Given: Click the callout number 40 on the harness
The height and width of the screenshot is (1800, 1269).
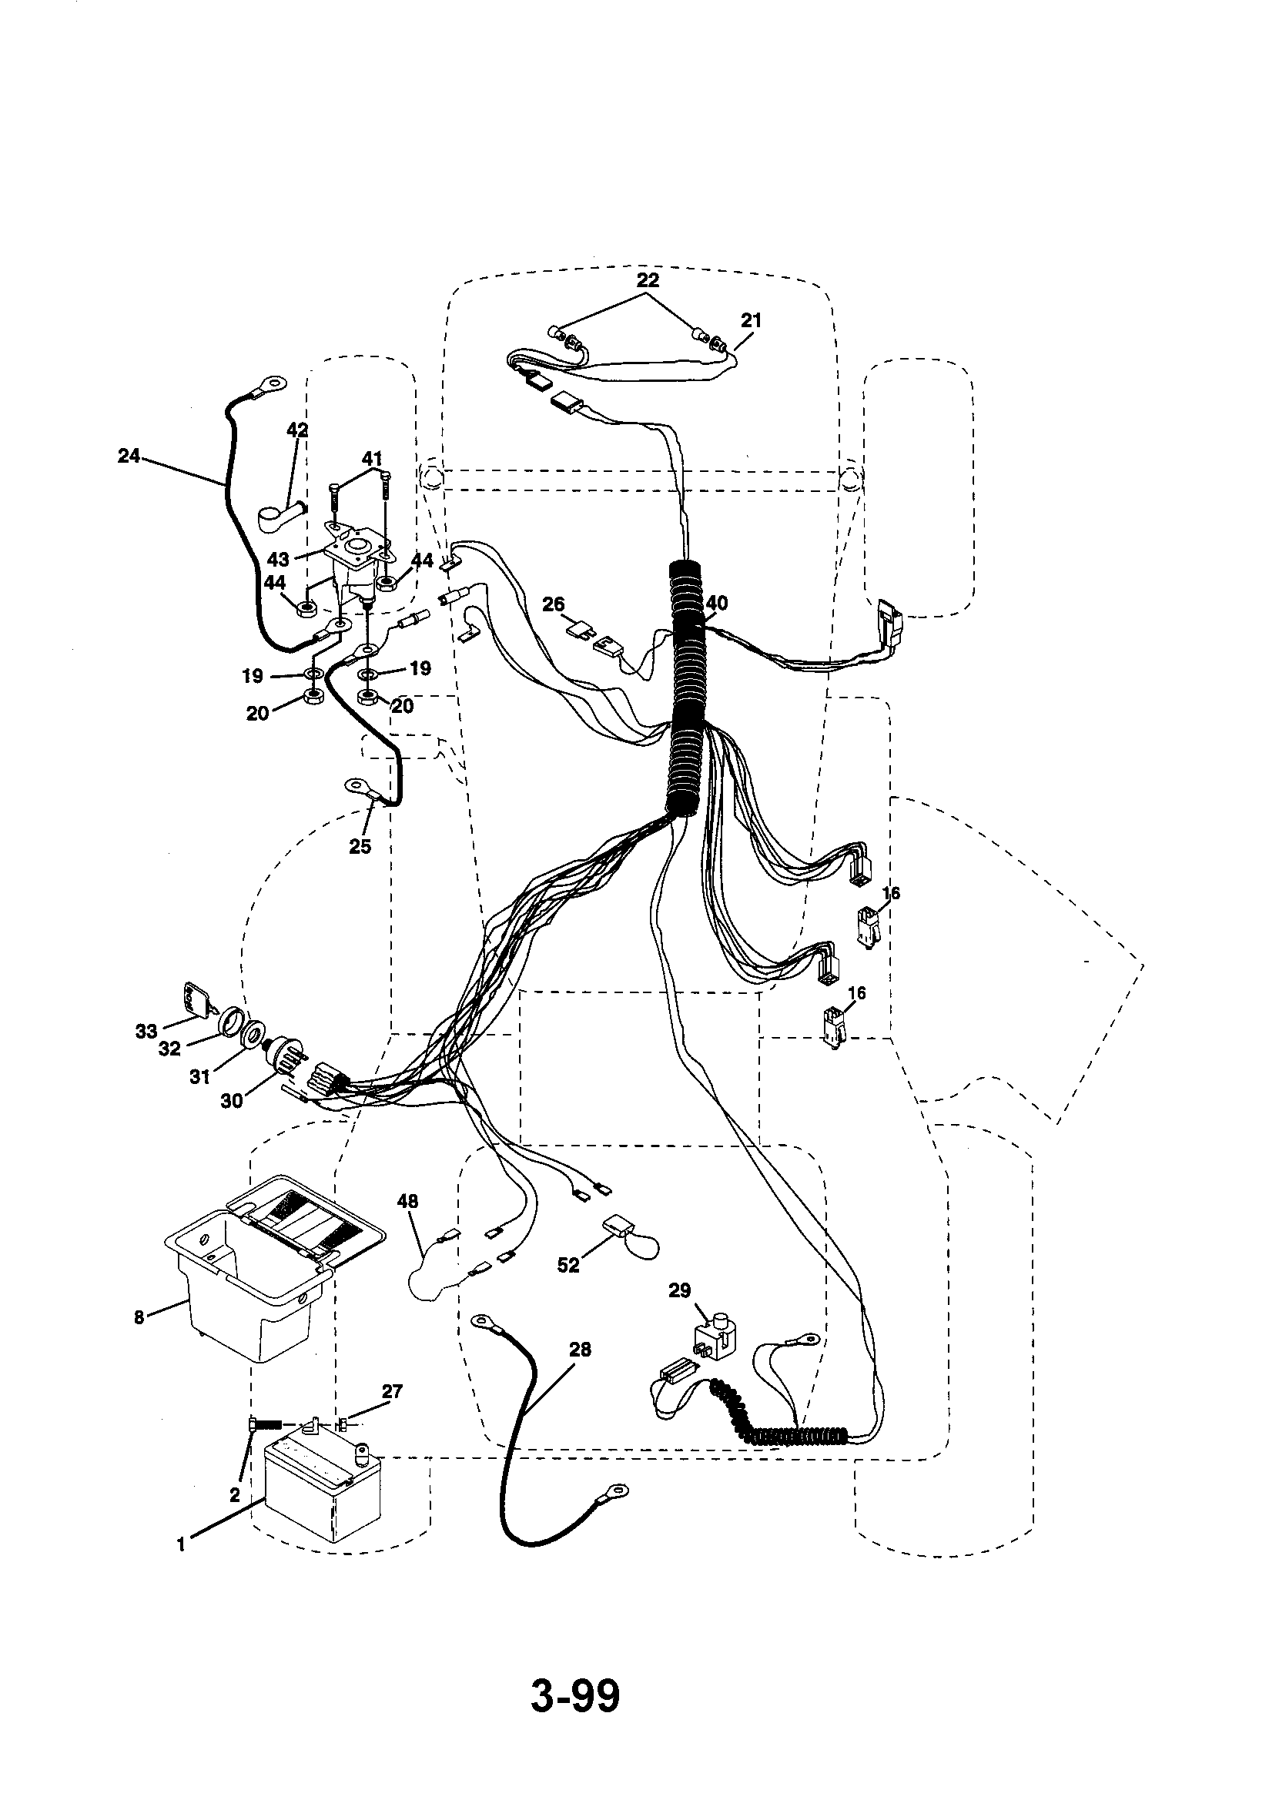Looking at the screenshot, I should [x=716, y=603].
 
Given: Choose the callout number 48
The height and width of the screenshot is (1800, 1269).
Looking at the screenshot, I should [x=408, y=1201].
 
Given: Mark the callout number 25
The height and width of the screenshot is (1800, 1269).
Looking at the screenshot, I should [x=360, y=846].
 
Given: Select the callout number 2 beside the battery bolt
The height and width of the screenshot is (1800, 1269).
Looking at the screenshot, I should [x=234, y=1496].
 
